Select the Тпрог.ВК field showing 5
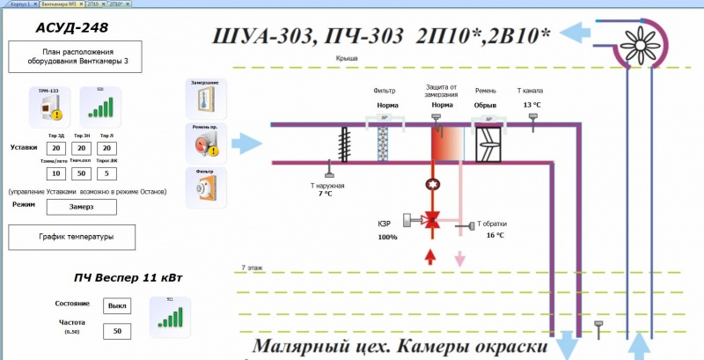pyautogui.click(x=106, y=173)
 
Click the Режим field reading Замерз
pyautogui.click(x=81, y=206)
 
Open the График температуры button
pyautogui.click(x=73, y=237)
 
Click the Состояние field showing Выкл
pyautogui.click(x=116, y=305)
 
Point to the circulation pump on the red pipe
pyautogui.click(x=432, y=185)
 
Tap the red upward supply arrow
pyautogui.click(x=432, y=256)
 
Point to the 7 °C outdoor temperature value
pyautogui.click(x=326, y=194)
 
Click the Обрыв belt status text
pyautogui.click(x=486, y=105)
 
